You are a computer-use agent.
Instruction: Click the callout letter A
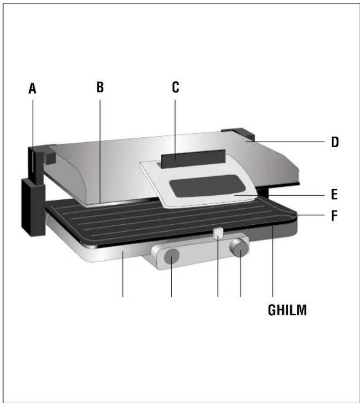32,88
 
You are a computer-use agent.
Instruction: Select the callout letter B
100,87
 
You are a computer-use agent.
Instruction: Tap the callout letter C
175,87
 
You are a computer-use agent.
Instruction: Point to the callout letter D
334,142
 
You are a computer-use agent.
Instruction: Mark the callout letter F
334,215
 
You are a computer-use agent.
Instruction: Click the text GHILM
287,310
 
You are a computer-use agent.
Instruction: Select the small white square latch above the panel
218,233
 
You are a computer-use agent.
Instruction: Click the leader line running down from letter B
100,146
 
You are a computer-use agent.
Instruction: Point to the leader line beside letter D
292,142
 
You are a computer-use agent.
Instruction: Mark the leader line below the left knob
171,283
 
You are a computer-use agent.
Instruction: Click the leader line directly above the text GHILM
273,264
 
